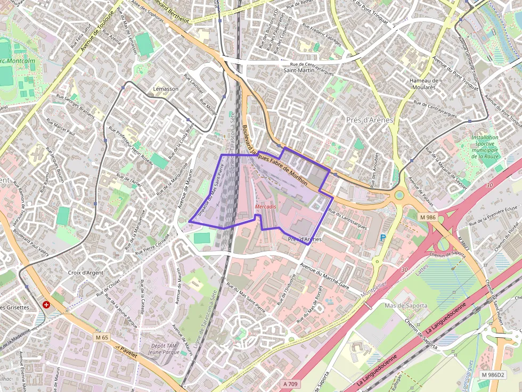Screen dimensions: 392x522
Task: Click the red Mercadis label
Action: tap(265, 206)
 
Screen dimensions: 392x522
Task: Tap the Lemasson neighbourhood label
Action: tap(166, 89)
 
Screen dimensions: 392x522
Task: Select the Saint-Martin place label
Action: tap(299, 70)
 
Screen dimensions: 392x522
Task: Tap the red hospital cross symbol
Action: tap(47, 305)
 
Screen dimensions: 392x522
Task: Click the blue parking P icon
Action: tap(382, 237)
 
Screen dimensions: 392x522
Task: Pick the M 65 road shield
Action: tap(102, 337)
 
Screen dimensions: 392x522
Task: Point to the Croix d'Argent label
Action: tap(85, 272)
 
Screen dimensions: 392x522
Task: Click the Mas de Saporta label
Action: tap(406, 305)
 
